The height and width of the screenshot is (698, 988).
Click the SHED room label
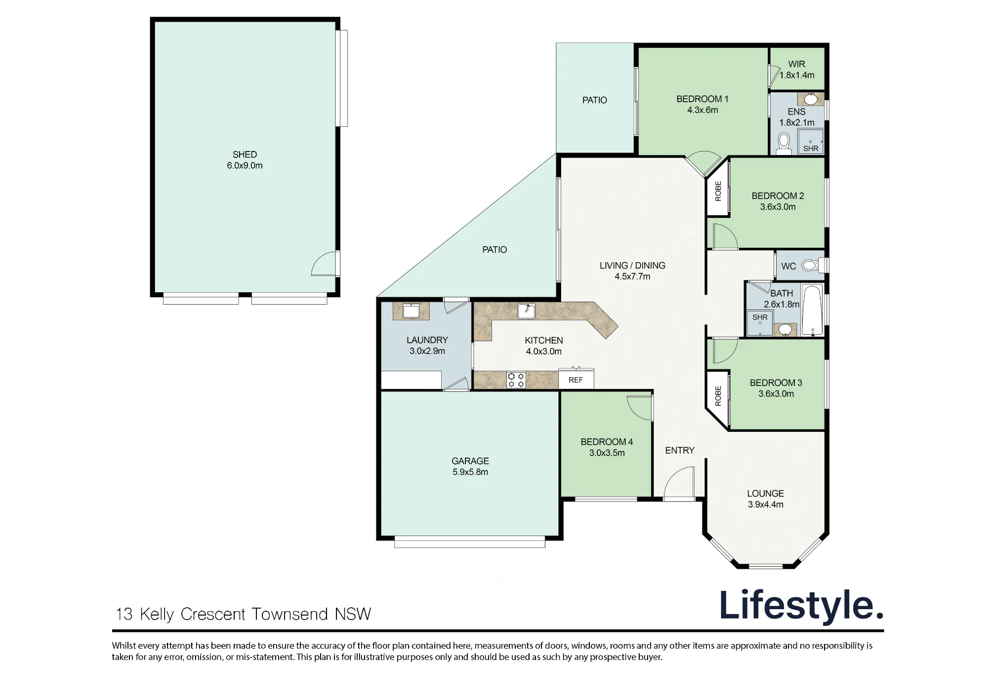coord(245,155)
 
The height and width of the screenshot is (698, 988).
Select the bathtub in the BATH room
coord(812,310)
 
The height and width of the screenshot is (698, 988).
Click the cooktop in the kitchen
coord(516,380)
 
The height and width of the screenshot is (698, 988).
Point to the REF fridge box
coord(576,379)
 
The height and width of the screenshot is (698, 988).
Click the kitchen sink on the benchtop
coord(526,311)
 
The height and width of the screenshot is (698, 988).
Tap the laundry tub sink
coord(411,311)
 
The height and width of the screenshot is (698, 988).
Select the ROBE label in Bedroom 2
coord(718,191)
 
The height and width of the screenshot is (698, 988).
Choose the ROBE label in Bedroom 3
coord(718,396)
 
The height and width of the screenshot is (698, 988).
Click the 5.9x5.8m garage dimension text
coord(470,472)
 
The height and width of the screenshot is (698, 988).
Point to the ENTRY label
coord(680,450)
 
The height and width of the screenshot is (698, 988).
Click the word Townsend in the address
coord(290,614)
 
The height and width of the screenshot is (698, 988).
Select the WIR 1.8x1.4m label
coord(797,70)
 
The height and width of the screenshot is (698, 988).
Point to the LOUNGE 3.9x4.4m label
coord(765,499)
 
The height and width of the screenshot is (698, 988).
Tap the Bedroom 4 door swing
coord(639,408)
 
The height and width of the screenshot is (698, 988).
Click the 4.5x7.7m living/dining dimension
coord(632,276)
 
